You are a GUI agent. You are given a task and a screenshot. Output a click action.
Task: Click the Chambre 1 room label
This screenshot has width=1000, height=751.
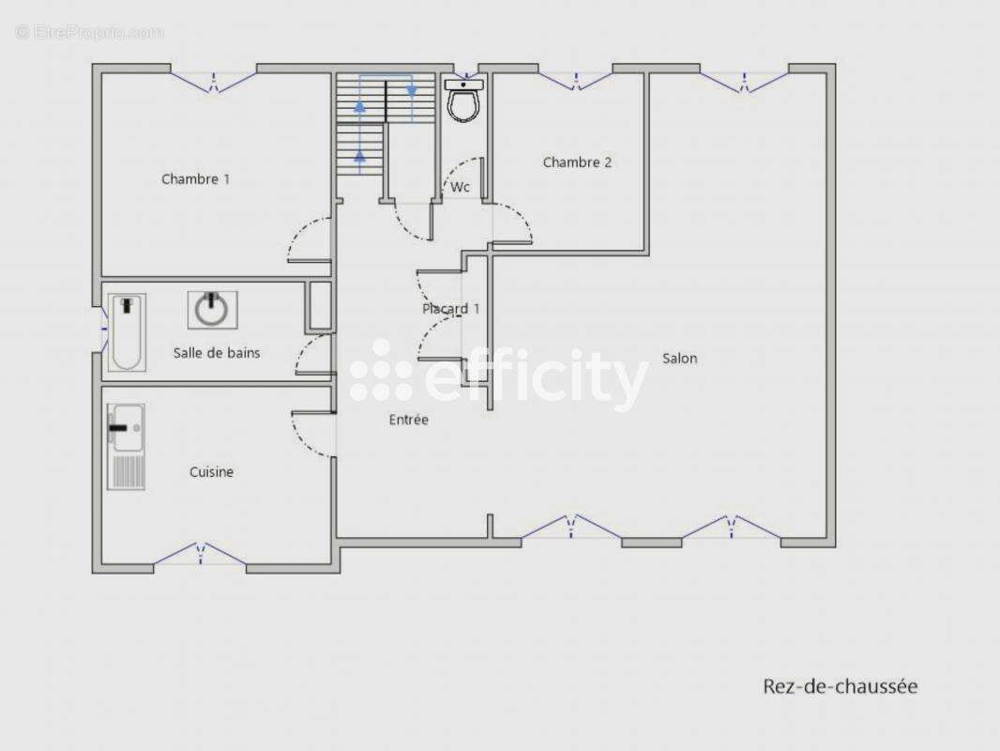pos(195,179)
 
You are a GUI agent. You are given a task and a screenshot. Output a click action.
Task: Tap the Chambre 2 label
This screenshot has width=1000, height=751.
pos(577,162)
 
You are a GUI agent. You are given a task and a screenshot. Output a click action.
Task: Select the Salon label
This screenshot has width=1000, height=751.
pos(680,359)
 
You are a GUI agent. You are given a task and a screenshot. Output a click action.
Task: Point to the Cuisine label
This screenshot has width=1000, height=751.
pos(211,472)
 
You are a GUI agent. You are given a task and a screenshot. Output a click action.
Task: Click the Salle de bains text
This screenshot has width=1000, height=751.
pos(217,353)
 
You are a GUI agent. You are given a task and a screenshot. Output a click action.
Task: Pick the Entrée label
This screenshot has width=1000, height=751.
pos(409,420)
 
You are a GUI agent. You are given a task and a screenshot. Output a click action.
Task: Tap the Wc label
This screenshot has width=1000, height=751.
pos(460,187)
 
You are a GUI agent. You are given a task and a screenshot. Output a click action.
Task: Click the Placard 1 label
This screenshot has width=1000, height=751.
pos(451,309)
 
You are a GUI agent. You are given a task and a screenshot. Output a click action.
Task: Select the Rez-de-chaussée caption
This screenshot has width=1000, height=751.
pos(841,686)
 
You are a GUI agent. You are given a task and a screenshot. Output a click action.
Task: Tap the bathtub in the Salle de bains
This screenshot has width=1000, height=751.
pos(127,332)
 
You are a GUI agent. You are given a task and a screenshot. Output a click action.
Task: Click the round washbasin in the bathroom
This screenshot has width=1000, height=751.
pos(212,311)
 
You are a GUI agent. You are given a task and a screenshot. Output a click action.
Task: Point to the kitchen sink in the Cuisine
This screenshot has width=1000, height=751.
pos(127,447)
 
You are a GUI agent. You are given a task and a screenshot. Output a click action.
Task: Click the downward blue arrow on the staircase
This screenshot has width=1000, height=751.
pos(412,91)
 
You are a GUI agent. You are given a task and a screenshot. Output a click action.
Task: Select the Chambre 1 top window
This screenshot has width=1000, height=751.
pos(214,81)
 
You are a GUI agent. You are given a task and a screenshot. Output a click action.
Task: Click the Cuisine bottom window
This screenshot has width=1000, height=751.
pos(200,553)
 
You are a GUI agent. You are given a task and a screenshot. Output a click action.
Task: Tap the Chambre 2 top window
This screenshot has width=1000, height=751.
pos(576,81)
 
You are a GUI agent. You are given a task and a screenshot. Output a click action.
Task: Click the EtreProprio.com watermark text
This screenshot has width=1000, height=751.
pos(90,32)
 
